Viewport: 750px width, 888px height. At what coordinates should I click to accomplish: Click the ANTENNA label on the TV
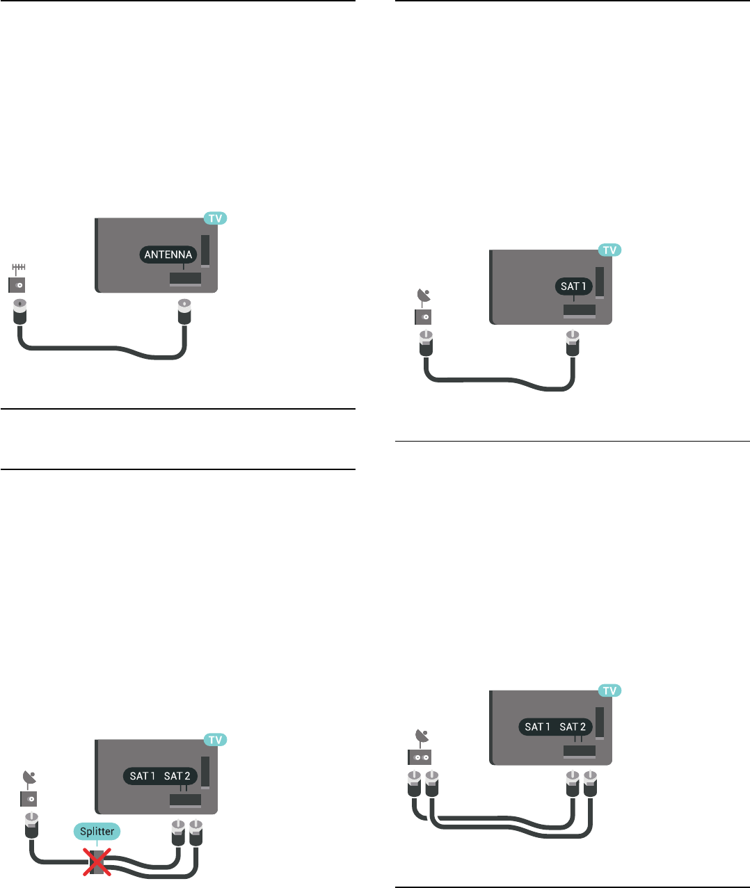click(168, 255)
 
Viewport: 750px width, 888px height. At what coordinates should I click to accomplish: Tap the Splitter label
click(97, 832)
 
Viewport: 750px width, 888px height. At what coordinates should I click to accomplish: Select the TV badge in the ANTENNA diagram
click(216, 218)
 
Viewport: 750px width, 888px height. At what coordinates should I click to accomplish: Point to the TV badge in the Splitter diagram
click(216, 740)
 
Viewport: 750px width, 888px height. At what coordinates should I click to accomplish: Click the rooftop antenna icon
click(19, 268)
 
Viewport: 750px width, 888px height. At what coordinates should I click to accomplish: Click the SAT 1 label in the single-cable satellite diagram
click(574, 286)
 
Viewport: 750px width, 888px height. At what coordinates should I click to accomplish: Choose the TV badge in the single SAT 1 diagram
click(609, 250)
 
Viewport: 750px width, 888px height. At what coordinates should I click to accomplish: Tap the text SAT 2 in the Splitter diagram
click(177, 776)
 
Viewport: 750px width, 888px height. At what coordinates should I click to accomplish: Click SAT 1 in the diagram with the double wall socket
click(538, 727)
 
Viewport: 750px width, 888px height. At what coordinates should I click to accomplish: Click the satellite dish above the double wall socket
click(422, 736)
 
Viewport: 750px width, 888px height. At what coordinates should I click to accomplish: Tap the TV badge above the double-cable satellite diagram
click(609, 691)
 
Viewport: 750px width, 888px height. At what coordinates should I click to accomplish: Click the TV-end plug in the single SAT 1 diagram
click(571, 344)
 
